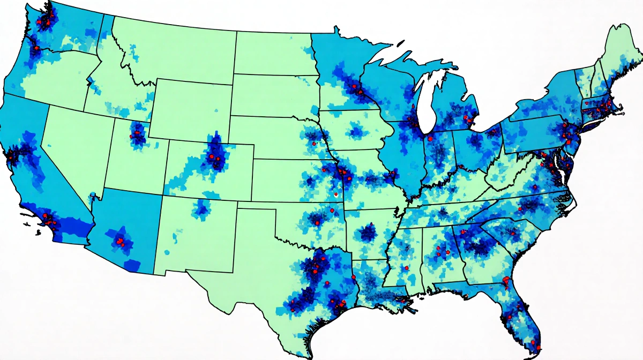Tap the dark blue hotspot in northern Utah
click(x=138, y=134)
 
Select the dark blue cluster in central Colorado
click(x=215, y=155)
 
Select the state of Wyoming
click(x=190, y=110)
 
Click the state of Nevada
click(x=75, y=145)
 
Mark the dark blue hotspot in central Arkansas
click(x=367, y=232)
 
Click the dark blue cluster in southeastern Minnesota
click(x=356, y=91)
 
